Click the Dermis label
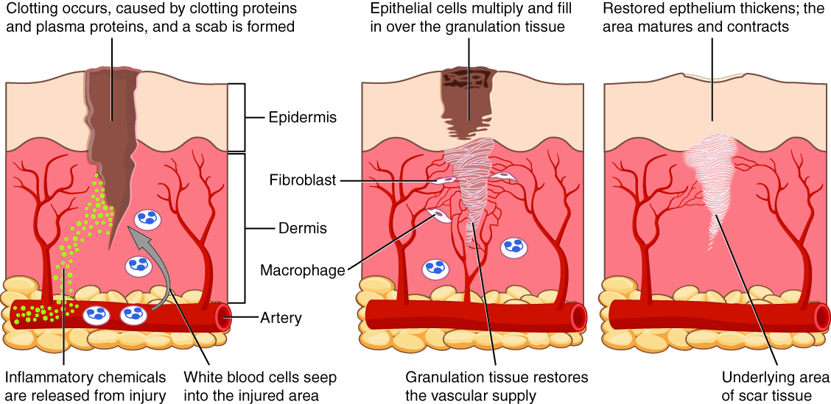302,228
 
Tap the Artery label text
281,318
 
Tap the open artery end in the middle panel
578,316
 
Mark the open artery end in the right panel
821,316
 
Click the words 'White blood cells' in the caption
235,378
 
